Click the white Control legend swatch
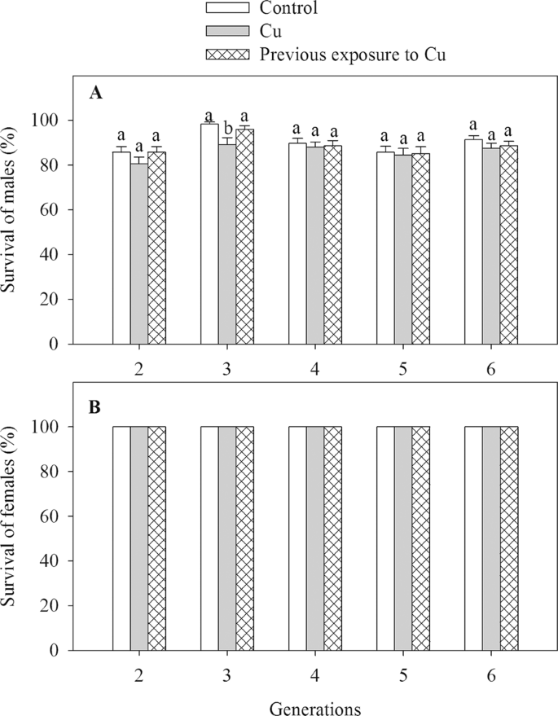coord(229,9)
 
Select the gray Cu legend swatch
coord(229,32)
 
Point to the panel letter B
coord(95,407)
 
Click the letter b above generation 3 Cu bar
coord(227,127)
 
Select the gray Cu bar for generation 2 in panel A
coord(139,253)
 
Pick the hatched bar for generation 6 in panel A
coord(508,244)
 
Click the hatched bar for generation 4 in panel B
coord(332,538)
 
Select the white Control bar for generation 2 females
coord(121,538)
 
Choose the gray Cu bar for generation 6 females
coord(491,538)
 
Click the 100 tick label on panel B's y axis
coord(51,427)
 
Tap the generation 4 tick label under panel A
coord(315,369)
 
